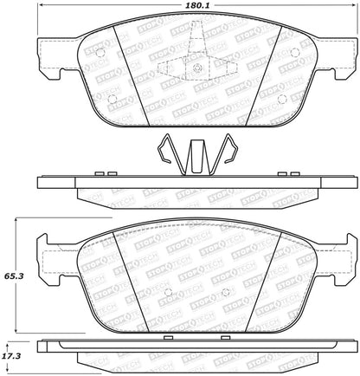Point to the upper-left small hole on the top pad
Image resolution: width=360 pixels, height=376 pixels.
[x=99, y=53]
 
